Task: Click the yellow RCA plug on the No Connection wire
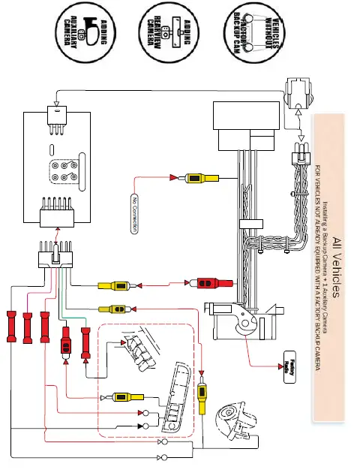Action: [x=200, y=179]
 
